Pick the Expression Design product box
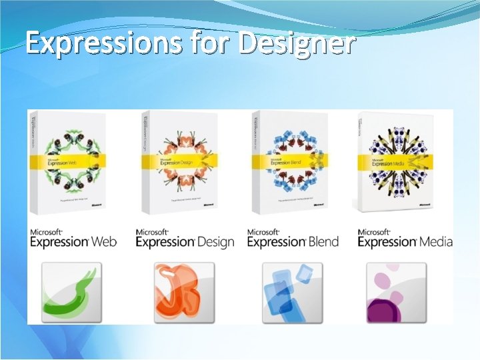[x=179, y=160]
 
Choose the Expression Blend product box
[x=290, y=160]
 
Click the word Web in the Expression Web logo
[x=103, y=241]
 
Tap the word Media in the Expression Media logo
[x=435, y=241]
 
